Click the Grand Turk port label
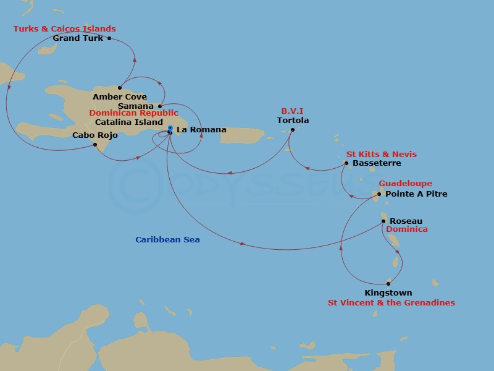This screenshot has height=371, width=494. [78, 38]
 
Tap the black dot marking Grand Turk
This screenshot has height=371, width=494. [109, 38]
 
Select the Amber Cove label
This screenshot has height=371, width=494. [120, 97]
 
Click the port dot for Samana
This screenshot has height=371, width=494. [160, 106]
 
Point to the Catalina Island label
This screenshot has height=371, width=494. [129, 122]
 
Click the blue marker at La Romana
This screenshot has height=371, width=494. [170, 129]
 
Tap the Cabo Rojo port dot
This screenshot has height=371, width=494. [94, 145]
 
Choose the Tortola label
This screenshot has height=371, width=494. [293, 121]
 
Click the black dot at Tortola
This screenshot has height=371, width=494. [293, 129]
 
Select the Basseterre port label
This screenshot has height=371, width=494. [377, 163]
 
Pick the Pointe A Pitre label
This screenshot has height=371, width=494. [416, 194]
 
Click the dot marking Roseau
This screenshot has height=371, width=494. [383, 221]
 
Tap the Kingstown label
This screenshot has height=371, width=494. [388, 293]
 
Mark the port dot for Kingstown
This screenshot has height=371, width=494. [388, 284]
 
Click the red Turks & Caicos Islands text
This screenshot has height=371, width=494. [65, 29]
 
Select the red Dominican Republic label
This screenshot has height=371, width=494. [134, 114]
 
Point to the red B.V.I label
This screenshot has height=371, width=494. [292, 112]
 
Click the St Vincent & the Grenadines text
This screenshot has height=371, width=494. [391, 303]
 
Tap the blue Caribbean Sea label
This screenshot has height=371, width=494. [168, 240]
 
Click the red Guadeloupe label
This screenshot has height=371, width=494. [405, 184]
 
